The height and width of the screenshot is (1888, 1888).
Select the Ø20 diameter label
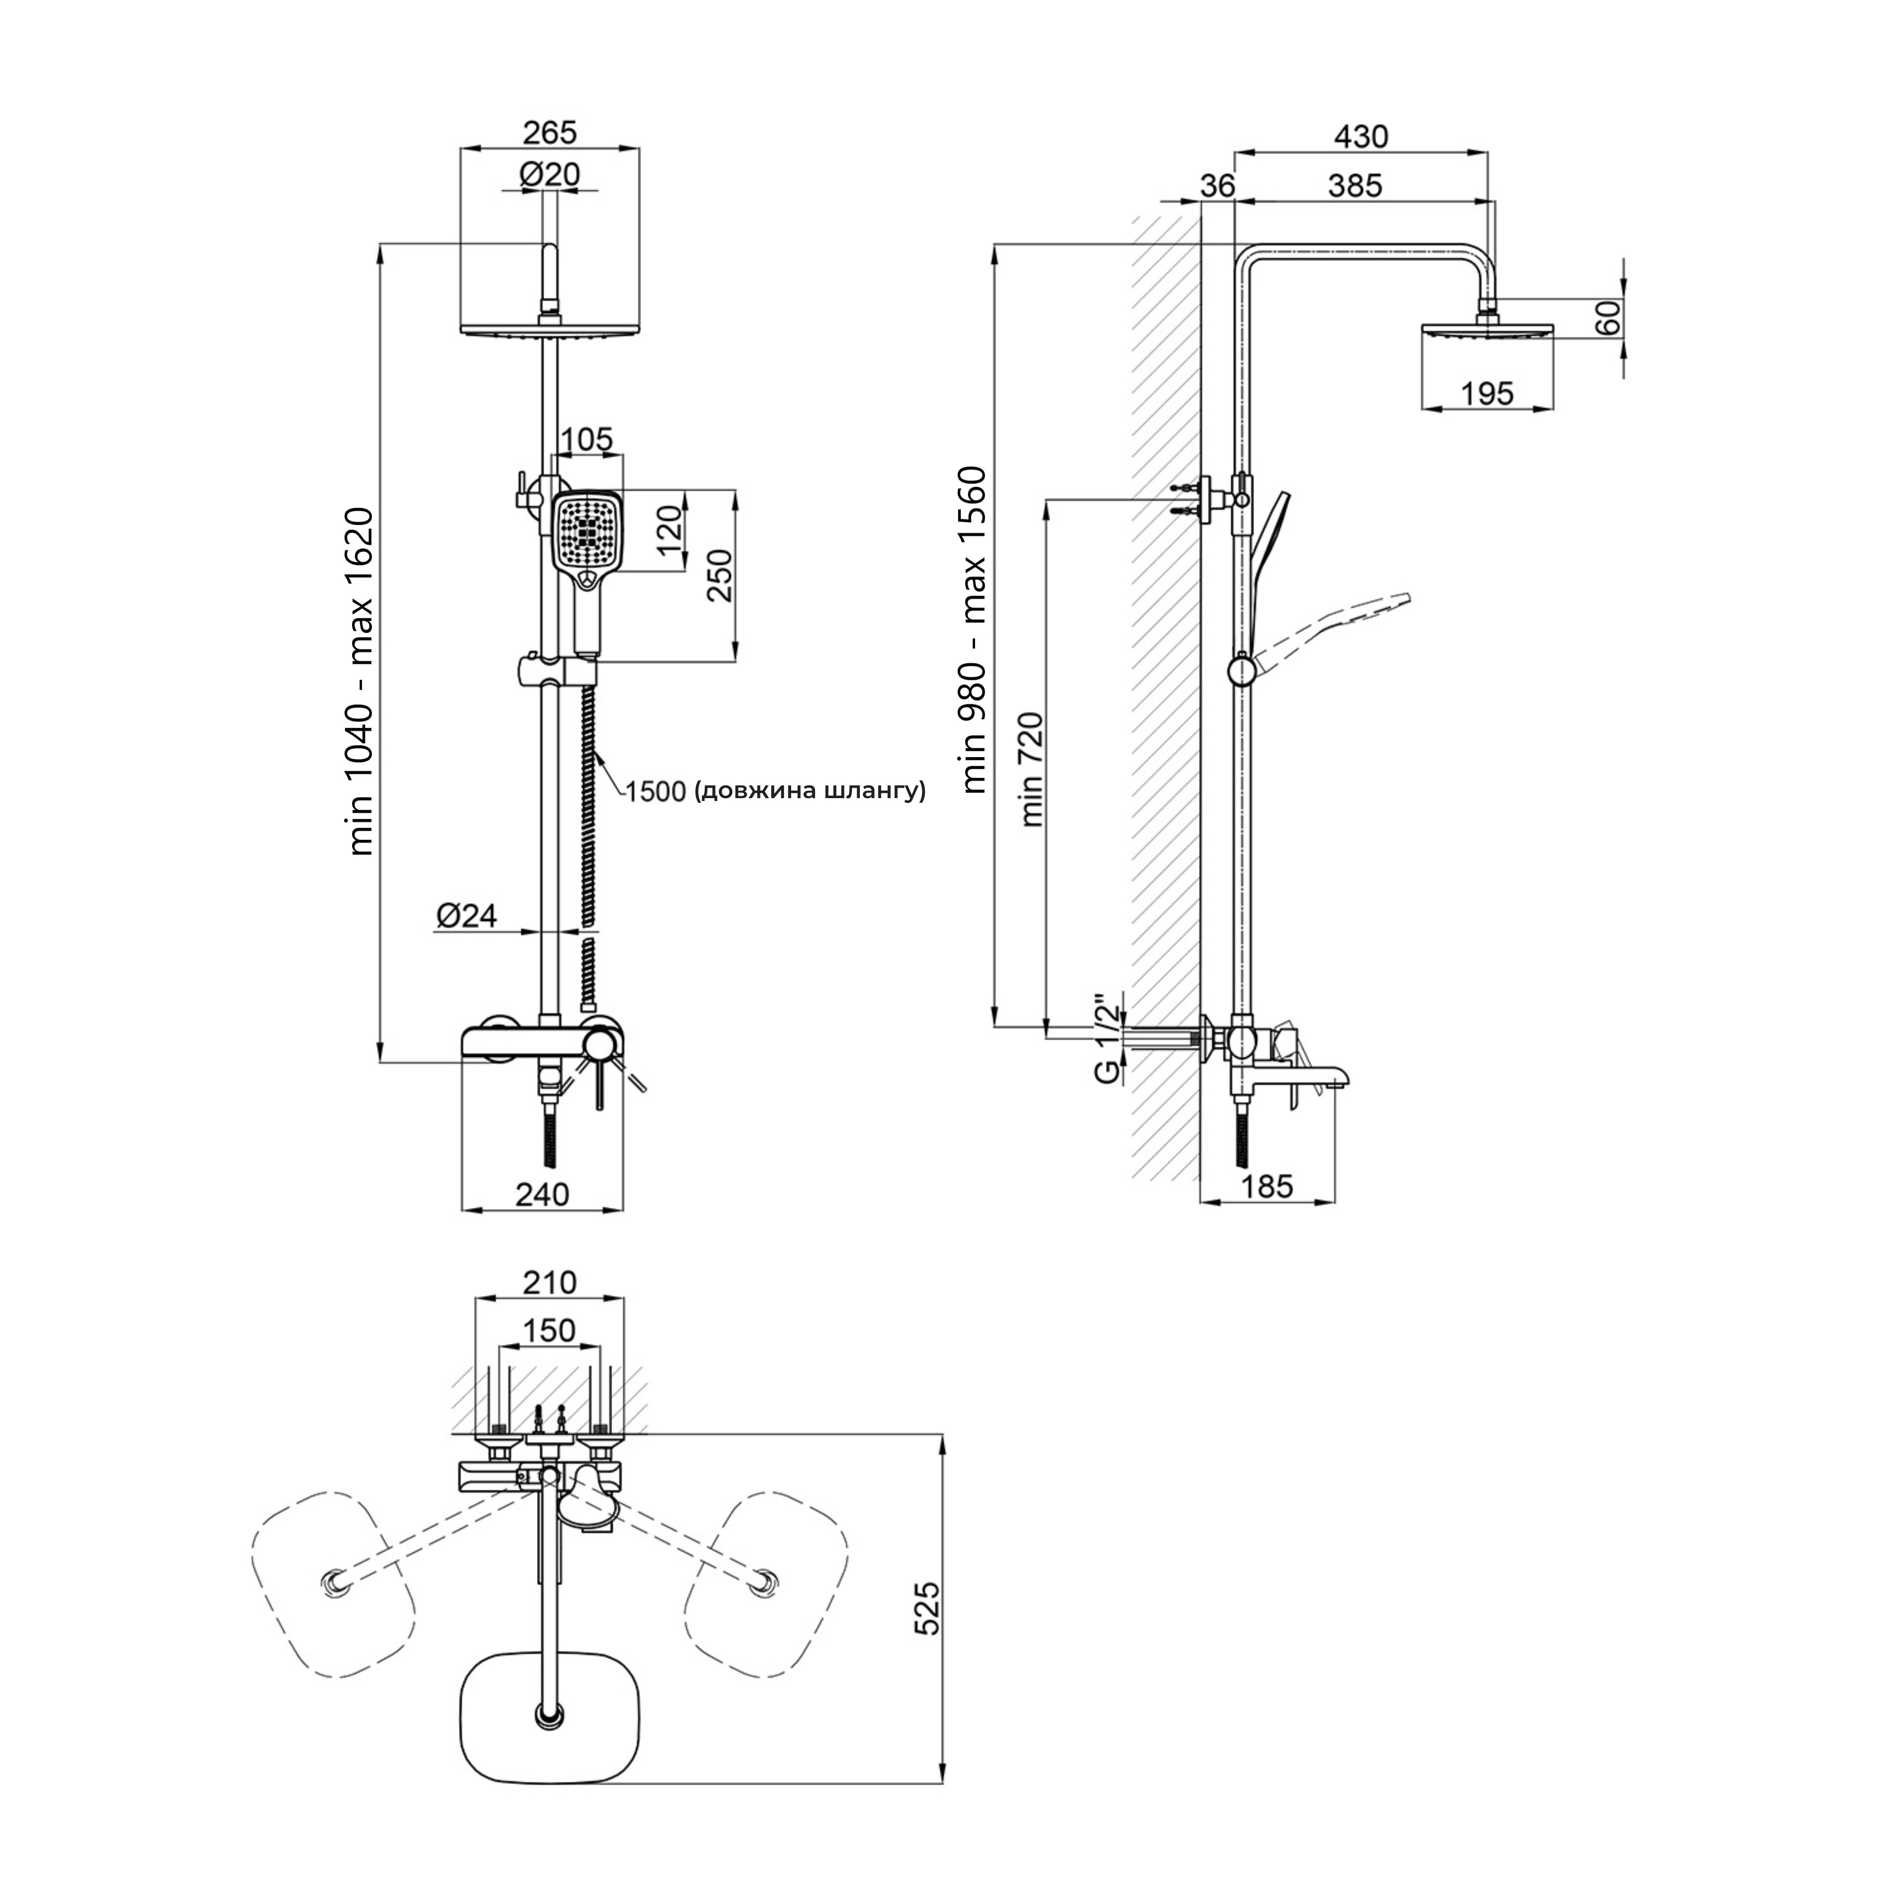coord(549,175)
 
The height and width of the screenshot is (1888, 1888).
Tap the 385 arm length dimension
coord(1356,185)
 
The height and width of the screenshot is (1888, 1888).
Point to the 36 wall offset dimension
coord(1218,185)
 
